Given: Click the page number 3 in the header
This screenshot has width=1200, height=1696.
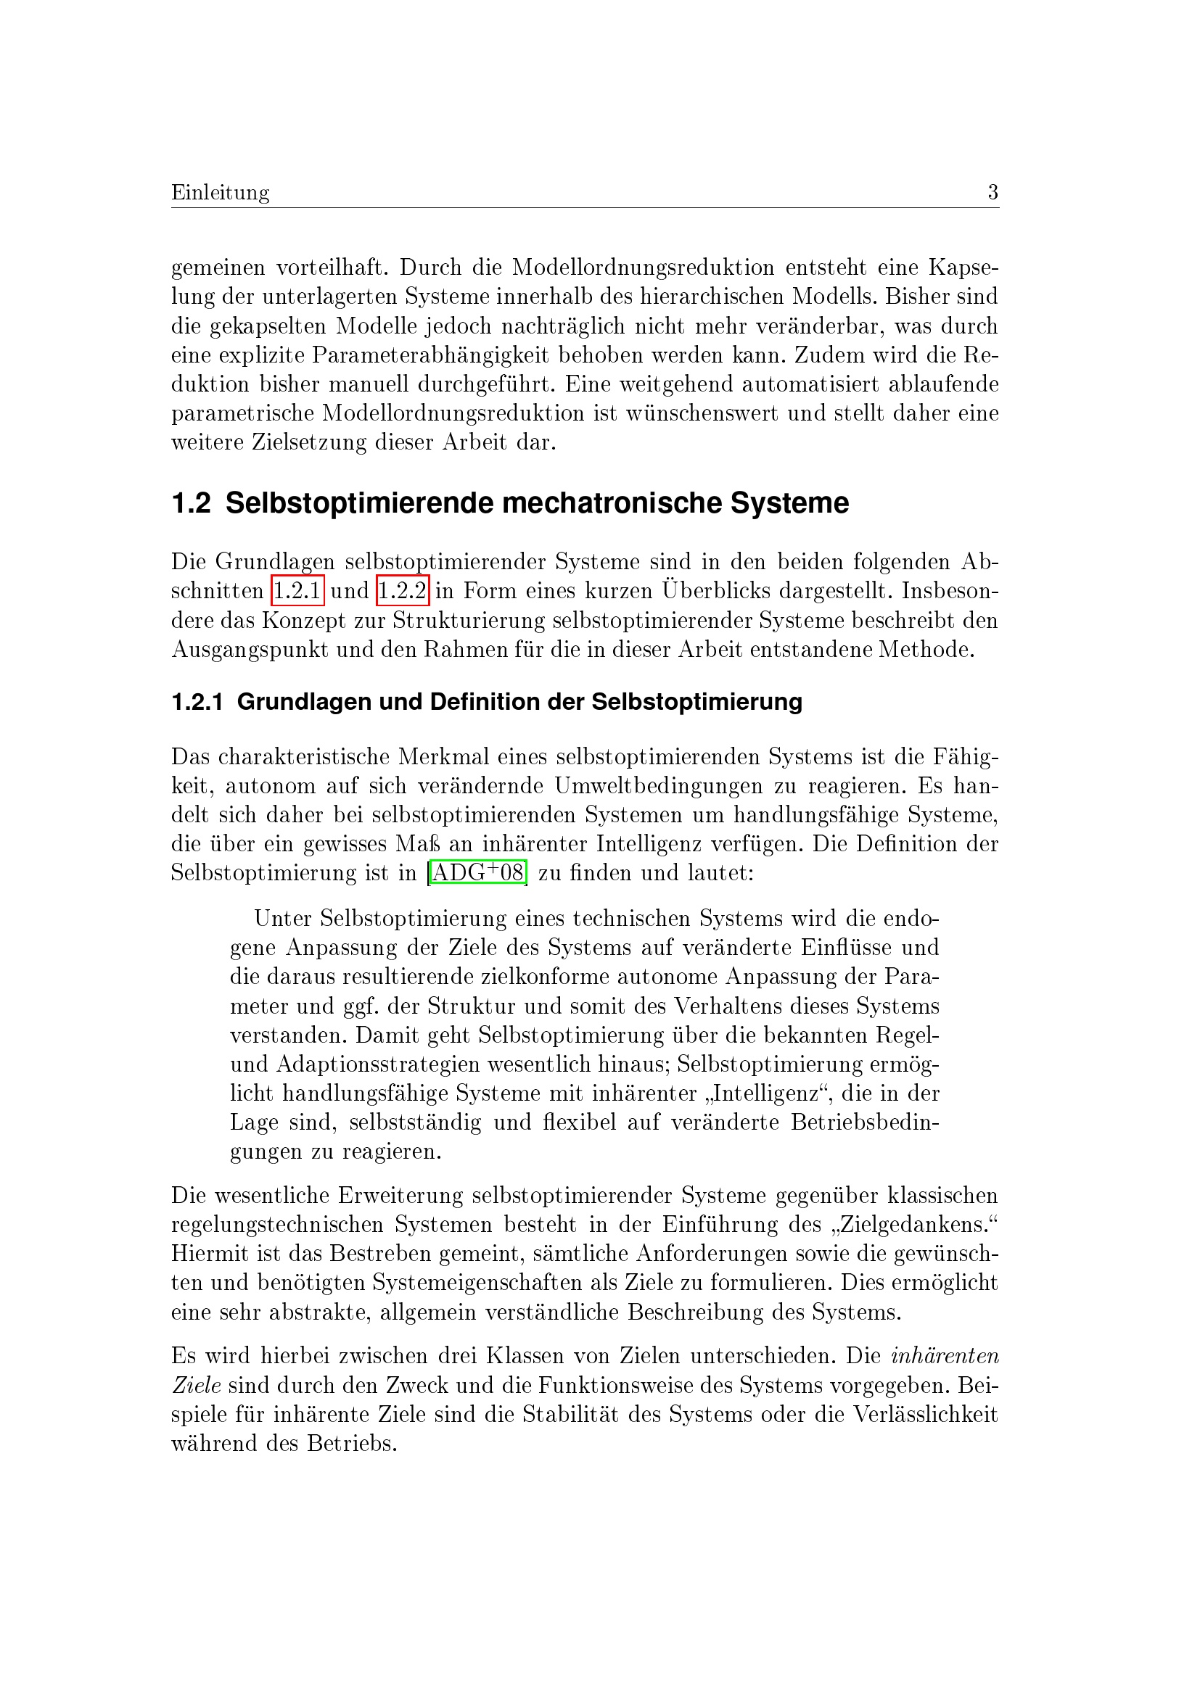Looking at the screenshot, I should pos(993,193).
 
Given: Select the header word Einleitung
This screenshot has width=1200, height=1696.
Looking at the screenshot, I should pos(221,193).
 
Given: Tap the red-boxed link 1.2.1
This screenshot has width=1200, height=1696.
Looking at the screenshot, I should pos(297,591).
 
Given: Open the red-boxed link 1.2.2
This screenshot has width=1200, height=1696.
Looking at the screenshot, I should pos(403,591).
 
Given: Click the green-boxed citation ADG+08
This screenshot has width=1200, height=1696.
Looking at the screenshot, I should pos(477,873).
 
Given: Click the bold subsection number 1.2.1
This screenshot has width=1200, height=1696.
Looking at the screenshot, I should pos(197,702).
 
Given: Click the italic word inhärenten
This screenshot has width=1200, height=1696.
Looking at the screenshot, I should pos(945,1356).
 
